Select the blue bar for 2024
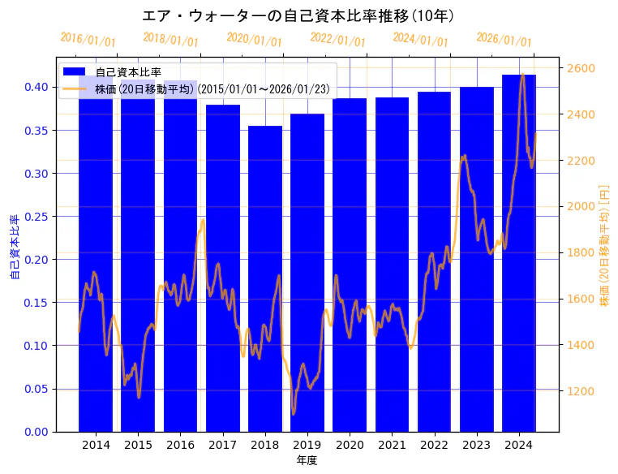tap(519, 252)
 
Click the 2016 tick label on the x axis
tap(180, 445)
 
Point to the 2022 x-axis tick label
tap(434, 445)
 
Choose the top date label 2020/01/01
tap(254, 39)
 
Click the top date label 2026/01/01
tap(504, 39)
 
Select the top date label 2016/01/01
tap(88, 39)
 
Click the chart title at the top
tap(298, 15)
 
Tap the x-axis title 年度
tap(307, 460)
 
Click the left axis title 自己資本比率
tap(14, 248)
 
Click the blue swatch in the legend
tap(75, 72)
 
